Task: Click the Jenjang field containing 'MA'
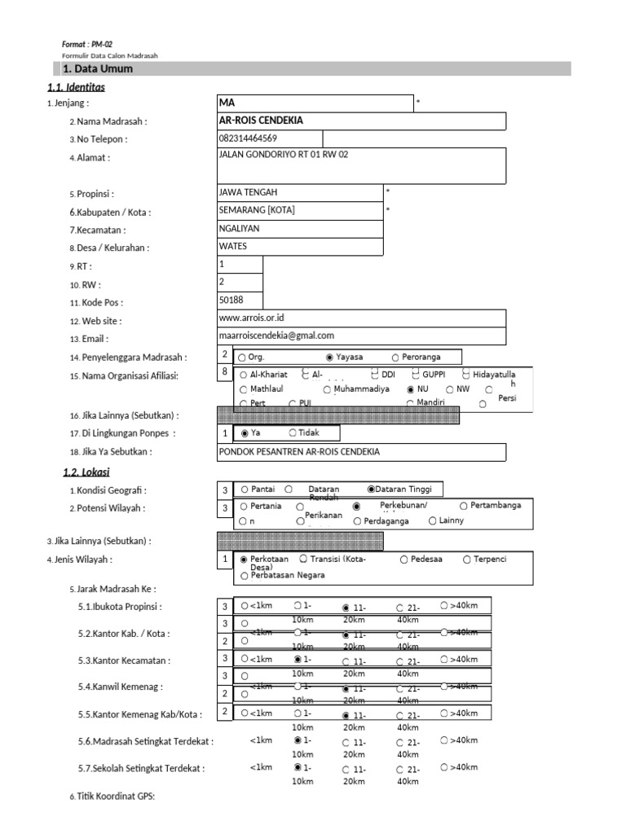click(314, 103)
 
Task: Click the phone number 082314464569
click(249, 138)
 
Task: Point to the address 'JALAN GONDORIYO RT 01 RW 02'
click(284, 155)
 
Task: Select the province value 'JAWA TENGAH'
click(249, 192)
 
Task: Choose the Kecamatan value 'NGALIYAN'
click(239, 229)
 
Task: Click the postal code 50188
click(231, 301)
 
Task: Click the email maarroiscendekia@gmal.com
click(276, 336)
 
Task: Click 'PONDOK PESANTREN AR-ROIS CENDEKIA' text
click(299, 451)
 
